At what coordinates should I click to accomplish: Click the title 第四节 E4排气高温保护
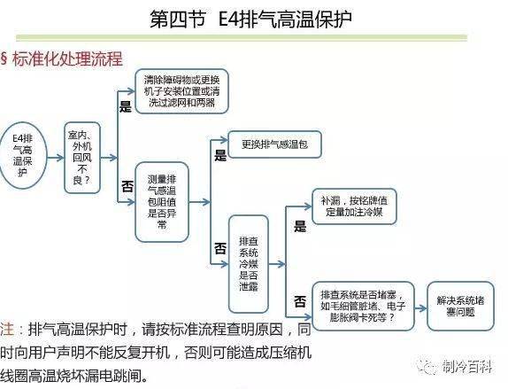coord(250,19)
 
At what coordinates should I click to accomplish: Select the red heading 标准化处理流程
coord(67,58)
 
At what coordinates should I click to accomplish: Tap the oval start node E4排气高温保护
coord(23,155)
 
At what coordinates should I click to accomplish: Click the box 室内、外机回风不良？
coord(82,158)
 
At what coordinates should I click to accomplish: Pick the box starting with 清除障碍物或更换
coord(181,91)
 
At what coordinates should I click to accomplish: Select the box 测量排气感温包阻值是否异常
coord(162,202)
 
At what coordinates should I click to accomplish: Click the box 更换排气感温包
coord(274,144)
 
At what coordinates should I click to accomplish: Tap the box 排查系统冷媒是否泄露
coord(249,264)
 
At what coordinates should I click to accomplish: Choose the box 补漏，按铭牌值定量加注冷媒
coord(354,206)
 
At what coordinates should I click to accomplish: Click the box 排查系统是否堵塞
coord(363,306)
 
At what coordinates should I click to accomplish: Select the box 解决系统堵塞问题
coord(460,306)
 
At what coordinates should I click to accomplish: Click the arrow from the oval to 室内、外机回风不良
coord(56,158)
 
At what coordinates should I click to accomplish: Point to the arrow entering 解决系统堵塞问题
coord(420,307)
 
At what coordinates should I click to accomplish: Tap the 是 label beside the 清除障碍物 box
coord(126,106)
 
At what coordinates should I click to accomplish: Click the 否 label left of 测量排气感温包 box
coord(127,186)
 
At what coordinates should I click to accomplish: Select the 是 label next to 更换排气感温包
coord(220,155)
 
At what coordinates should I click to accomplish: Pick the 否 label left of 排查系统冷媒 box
coord(220,248)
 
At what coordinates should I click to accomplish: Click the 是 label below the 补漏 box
coord(300,226)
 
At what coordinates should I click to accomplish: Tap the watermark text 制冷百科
coord(467,367)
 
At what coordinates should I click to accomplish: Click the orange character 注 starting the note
coord(7,329)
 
